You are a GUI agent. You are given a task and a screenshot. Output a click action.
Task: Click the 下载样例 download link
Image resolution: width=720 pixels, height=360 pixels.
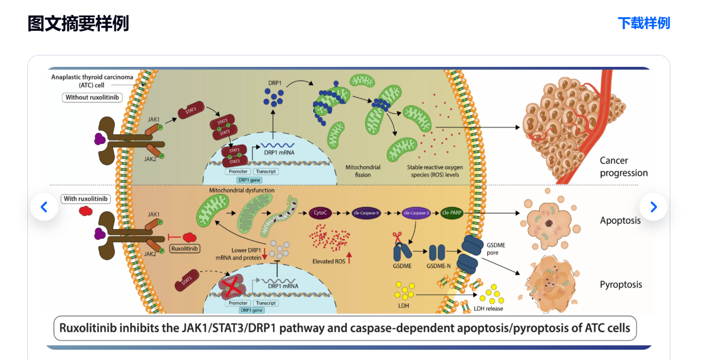643,23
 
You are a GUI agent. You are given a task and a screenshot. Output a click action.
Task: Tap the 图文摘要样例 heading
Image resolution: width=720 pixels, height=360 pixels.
78,23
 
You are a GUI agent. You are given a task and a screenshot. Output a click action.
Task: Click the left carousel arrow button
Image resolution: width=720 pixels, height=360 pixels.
44,207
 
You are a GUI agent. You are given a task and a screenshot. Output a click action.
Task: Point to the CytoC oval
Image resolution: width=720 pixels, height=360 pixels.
320,213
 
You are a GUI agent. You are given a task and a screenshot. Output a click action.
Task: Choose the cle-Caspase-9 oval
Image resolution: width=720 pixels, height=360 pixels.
367,213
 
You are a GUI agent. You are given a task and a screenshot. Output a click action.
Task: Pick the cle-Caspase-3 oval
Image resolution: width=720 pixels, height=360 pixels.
415,213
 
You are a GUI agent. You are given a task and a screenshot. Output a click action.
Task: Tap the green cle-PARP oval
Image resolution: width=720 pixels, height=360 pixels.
452,213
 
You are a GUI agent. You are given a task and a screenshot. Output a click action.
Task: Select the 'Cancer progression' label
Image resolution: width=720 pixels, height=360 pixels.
623,167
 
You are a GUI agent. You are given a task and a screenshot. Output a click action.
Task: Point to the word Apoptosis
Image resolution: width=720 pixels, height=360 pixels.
620,221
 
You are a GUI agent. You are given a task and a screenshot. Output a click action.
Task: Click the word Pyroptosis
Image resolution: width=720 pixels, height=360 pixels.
621,285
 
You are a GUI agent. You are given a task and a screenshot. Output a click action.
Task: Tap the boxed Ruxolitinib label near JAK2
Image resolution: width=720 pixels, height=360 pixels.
185,249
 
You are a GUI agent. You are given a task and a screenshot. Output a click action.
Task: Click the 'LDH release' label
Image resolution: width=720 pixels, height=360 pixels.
489,309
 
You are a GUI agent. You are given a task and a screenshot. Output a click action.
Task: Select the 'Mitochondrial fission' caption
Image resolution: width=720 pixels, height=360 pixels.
363,171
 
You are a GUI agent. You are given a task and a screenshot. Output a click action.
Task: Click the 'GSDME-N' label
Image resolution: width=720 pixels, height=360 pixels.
439,266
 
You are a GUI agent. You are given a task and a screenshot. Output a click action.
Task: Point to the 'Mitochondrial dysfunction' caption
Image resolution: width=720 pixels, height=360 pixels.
242,190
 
